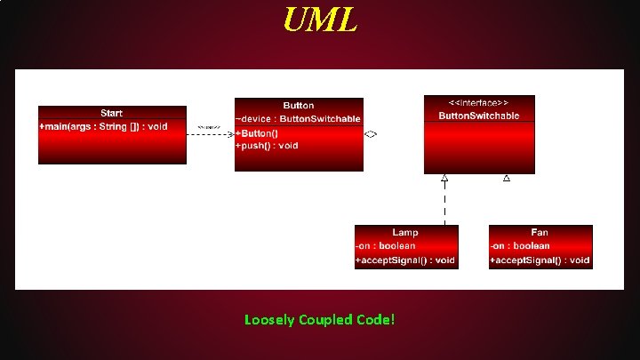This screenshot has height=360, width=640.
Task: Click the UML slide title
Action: pyautogui.click(x=320, y=20)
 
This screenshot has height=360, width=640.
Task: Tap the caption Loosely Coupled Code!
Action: pyautogui.click(x=319, y=319)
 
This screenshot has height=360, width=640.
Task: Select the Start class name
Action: pyautogui.click(x=112, y=113)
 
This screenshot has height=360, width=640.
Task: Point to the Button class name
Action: pyautogui.click(x=299, y=105)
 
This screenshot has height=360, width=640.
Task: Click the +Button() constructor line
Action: pyautogui.click(x=257, y=133)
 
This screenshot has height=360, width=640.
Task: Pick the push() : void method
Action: pyautogui.click(x=267, y=145)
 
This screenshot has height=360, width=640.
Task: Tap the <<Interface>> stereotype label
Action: pyautogui.click(x=479, y=102)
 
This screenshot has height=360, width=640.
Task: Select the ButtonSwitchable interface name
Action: pyautogui.click(x=479, y=116)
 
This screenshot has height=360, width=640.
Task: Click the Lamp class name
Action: pyautogui.click(x=405, y=232)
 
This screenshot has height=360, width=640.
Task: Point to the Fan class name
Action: pyautogui.click(x=540, y=232)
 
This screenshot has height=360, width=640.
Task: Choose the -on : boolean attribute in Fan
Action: pyautogui.click(x=519, y=245)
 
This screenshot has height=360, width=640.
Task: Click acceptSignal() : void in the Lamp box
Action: pyautogui.click(x=405, y=260)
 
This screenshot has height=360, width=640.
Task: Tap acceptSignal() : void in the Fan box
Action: pyautogui.click(x=540, y=260)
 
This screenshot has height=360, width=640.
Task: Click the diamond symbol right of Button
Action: pyautogui.click(x=371, y=133)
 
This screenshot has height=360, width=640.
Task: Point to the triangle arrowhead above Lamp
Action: pyautogui.click(x=444, y=178)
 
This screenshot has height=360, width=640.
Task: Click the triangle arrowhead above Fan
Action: pyautogui.click(x=507, y=178)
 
